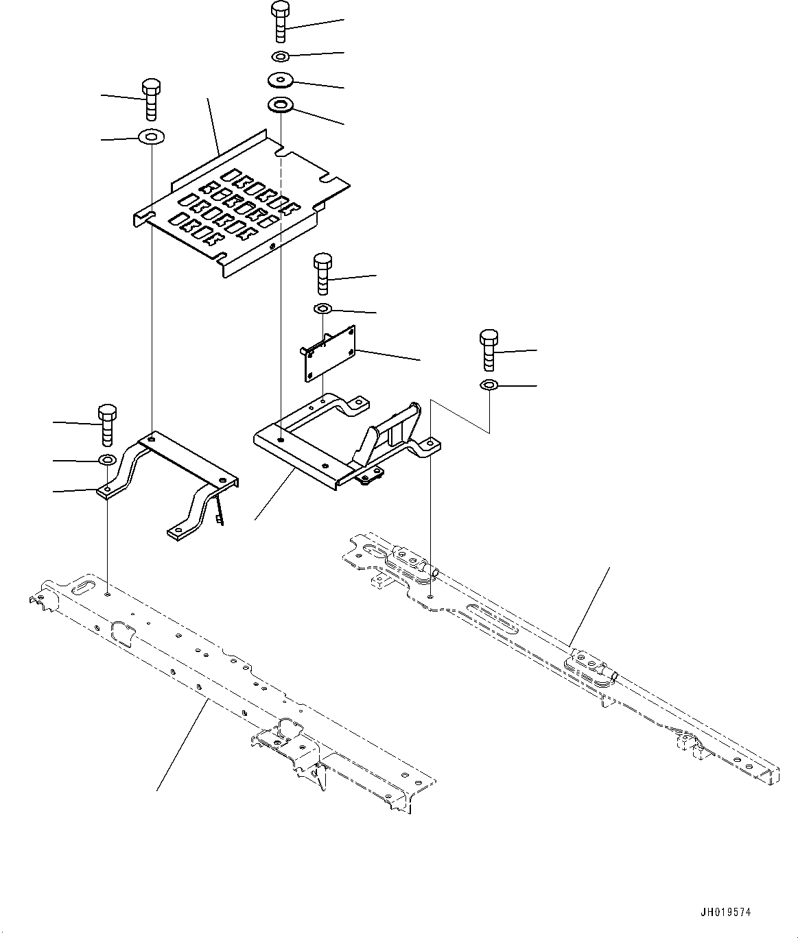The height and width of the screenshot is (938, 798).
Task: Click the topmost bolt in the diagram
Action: point(280,22)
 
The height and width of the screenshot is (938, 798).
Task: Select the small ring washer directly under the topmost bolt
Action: point(280,56)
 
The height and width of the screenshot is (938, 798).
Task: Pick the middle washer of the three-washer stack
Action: point(280,80)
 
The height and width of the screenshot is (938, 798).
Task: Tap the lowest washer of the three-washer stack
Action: point(280,106)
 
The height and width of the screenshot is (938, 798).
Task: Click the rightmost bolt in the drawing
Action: point(489,348)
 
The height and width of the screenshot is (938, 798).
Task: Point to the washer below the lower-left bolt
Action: point(108,459)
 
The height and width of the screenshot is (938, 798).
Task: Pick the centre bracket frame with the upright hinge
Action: point(343,446)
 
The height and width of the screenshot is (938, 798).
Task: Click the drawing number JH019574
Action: point(725,912)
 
